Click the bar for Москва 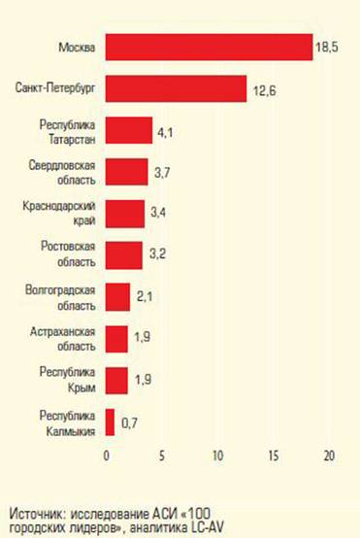pyautogui.click(x=209, y=47)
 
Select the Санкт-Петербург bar pyautogui.click(x=176, y=88)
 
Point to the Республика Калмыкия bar pyautogui.click(x=110, y=421)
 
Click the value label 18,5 pyautogui.click(x=327, y=47)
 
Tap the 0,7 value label pyautogui.click(x=127, y=422)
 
